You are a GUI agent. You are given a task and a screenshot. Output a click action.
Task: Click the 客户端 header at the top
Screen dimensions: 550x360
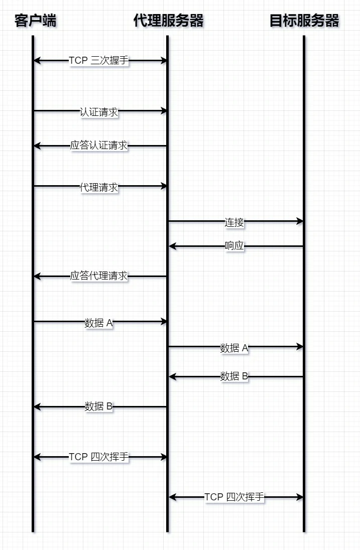(35, 21)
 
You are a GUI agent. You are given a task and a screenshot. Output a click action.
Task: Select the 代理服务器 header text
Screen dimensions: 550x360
(169, 21)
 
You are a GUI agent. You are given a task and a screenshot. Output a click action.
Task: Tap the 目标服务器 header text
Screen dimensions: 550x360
(304, 21)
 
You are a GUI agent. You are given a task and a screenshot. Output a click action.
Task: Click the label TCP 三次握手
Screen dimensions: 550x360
(99, 61)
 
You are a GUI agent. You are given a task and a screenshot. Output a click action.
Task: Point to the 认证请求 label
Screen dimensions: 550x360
(99, 112)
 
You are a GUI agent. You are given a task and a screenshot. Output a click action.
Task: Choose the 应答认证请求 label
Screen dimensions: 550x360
(99, 146)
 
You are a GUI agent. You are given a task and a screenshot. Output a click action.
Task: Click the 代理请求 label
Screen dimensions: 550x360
(99, 187)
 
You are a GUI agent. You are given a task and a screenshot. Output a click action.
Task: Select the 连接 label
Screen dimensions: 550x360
(234, 222)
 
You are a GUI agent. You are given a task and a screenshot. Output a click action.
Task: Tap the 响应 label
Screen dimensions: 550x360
(234, 246)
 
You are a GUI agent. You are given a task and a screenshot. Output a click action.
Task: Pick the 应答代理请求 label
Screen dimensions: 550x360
(99, 276)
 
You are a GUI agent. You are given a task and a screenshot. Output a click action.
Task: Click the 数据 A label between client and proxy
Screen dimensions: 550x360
(99, 323)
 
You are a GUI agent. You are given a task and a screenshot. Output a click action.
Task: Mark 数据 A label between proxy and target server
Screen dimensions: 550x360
(234, 348)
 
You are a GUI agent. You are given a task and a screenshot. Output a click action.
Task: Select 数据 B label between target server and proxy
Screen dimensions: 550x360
(234, 376)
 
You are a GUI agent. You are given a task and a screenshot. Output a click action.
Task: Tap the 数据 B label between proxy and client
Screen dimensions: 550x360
(99, 406)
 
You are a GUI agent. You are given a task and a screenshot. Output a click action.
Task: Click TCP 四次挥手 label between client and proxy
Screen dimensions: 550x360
(99, 457)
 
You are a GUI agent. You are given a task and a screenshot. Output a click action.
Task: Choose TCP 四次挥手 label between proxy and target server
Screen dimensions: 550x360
(234, 497)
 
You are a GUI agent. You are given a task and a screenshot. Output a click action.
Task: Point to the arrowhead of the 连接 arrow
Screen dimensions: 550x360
(300, 221)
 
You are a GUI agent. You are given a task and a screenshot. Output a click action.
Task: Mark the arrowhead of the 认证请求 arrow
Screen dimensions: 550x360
(164, 110)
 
